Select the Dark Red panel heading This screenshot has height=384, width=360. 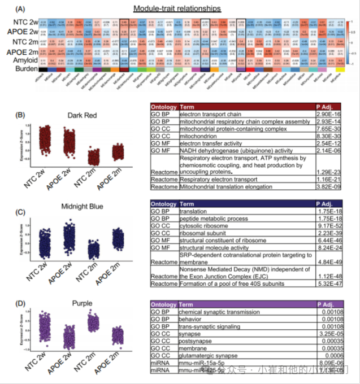tap(81, 116)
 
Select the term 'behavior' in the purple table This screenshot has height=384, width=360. tap(193, 318)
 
